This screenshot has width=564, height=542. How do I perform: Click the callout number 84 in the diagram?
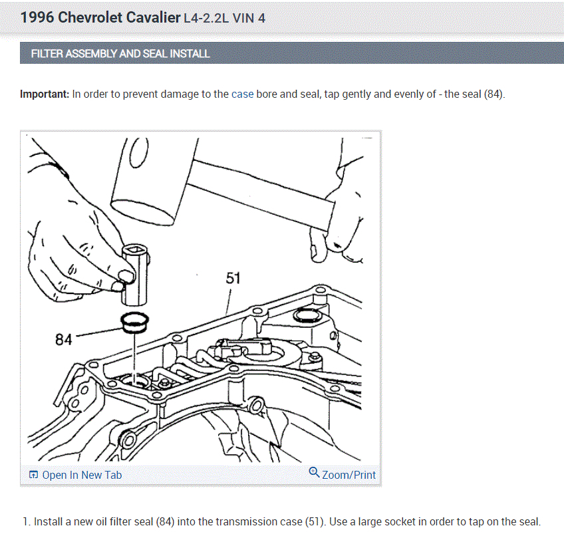click(x=63, y=340)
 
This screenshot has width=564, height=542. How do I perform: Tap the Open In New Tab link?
click(x=82, y=475)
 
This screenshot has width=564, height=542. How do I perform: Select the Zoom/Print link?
click(x=349, y=475)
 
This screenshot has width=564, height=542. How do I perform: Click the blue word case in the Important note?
click(x=242, y=94)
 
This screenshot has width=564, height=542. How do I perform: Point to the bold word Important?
click(x=44, y=94)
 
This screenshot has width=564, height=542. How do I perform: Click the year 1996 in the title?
click(x=37, y=18)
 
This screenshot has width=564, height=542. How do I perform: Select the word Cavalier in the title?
click(x=152, y=18)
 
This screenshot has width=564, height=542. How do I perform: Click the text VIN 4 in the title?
click(x=249, y=19)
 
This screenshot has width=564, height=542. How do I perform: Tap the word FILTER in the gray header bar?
click(x=47, y=54)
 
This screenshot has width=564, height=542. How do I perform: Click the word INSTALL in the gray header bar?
click(x=190, y=54)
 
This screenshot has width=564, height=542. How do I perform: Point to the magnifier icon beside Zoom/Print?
click(x=315, y=473)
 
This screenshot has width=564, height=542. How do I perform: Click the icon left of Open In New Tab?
click(x=33, y=475)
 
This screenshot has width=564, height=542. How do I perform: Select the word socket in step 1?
click(x=400, y=522)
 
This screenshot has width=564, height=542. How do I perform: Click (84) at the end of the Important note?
click(x=493, y=94)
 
